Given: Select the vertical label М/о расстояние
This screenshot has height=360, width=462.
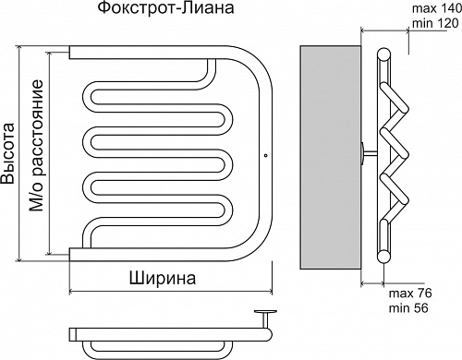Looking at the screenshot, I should point(37,148).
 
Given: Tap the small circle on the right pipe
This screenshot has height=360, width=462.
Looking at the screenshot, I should point(265,155).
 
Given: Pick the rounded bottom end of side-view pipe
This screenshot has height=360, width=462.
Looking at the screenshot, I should point(381,255).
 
